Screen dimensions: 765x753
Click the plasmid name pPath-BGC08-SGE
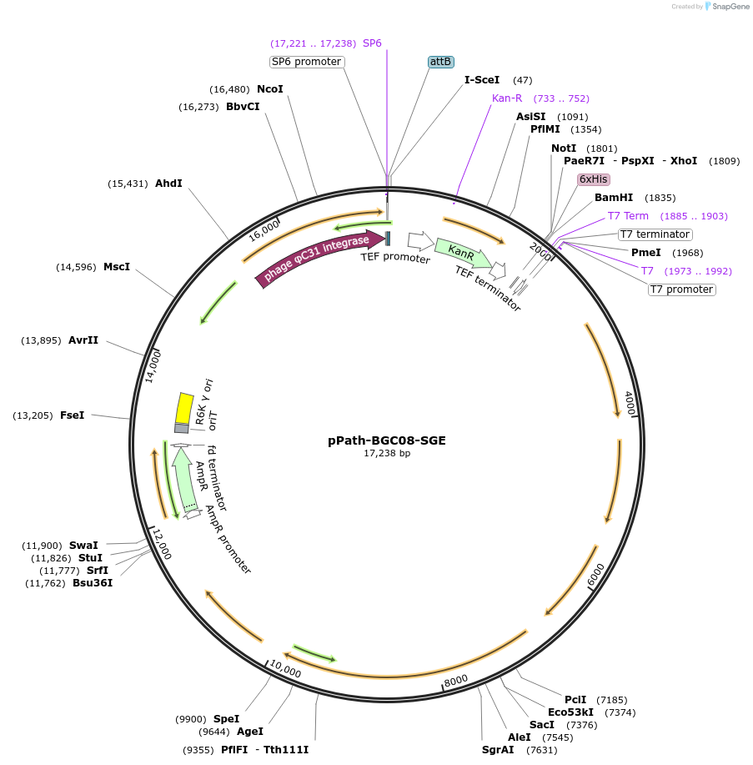click(386, 440)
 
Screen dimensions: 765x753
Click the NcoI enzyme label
click(270, 89)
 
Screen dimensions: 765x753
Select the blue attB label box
click(440, 62)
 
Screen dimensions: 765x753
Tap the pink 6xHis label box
click(594, 179)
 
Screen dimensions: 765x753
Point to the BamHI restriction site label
click(614, 198)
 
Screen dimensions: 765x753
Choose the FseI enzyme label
click(73, 415)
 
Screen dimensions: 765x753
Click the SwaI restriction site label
click(83, 546)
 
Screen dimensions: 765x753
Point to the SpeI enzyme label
click(226, 719)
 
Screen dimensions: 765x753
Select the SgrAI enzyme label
click(498, 750)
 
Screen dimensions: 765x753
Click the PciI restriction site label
click(575, 700)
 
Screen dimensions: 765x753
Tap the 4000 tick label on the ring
click(630, 404)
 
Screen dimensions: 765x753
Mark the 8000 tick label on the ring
click(456, 682)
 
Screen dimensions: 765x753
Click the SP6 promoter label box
click(307, 62)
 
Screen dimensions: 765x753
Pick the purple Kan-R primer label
click(507, 98)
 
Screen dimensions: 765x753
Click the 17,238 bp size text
click(386, 454)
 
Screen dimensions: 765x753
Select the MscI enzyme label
click(117, 267)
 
